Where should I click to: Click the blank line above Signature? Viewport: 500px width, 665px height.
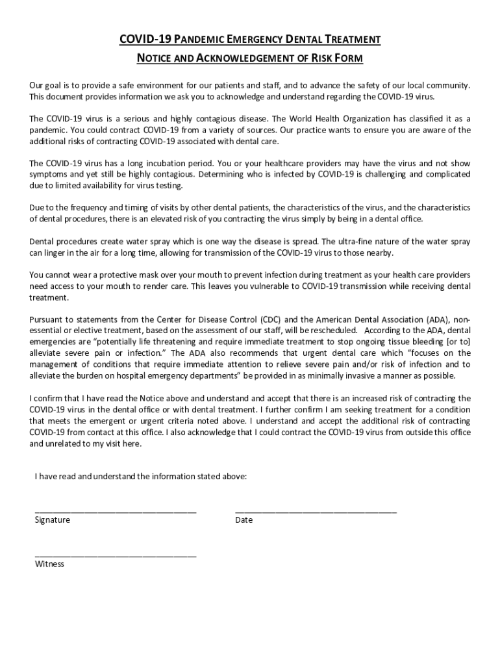tap(116, 512)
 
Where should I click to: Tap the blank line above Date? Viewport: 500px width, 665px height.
tap(316, 512)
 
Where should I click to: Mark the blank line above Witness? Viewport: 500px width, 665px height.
tap(116, 556)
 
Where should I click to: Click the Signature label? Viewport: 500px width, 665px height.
tap(53, 520)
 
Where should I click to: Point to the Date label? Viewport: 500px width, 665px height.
tap(244, 520)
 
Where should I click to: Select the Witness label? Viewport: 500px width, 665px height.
tap(49, 564)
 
